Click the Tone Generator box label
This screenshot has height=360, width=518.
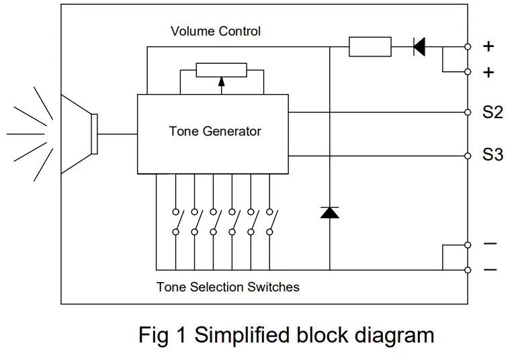pyautogui.click(x=214, y=131)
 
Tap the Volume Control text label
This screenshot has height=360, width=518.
pyautogui.click(x=216, y=32)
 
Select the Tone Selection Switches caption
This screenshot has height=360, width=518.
pyautogui.click(x=228, y=287)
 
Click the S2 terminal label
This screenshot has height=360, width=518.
pyautogui.click(x=492, y=113)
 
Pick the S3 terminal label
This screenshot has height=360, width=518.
pyautogui.click(x=492, y=155)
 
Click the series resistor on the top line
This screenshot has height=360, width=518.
pyautogui.click(x=370, y=47)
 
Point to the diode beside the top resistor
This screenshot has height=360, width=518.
pyautogui.click(x=419, y=47)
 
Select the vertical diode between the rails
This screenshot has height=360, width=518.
pyautogui.click(x=329, y=212)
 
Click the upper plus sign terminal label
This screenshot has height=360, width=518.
pyautogui.click(x=488, y=46)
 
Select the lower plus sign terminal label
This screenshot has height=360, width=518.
pyautogui.click(x=488, y=72)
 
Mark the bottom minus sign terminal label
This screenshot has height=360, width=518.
pyautogui.click(x=490, y=270)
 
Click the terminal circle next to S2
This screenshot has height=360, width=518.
pyautogui.click(x=468, y=112)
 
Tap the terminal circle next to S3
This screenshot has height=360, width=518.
pyautogui.click(x=468, y=156)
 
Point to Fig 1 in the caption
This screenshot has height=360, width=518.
pyautogui.click(x=163, y=334)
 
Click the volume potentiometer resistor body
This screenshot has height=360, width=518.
pyautogui.click(x=221, y=70)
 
